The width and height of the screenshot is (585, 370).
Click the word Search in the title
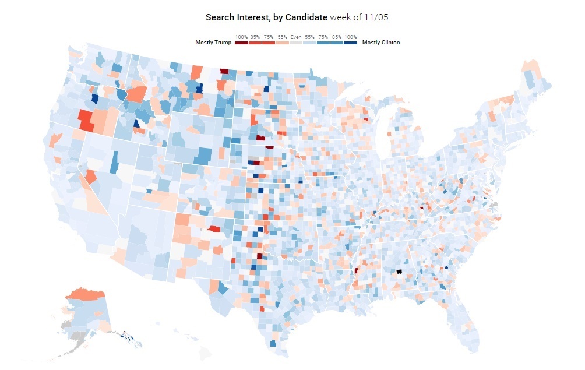pos(219,17)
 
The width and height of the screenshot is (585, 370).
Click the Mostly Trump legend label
pos(213,43)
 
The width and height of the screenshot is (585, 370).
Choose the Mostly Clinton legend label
pos(381,43)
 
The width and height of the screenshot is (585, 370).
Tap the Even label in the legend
pos(297,37)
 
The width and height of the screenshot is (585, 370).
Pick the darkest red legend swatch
pos(242,43)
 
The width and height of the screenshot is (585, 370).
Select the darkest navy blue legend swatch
pos(350,43)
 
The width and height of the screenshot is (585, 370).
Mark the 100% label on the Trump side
pos(242,37)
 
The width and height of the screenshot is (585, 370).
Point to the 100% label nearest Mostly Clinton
pos(350,37)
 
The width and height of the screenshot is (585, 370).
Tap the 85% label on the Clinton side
pos(337,37)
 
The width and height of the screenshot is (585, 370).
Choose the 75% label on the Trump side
pos(269,37)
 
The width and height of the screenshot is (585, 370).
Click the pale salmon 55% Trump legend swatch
pos(282,43)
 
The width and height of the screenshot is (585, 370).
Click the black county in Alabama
pos(399,272)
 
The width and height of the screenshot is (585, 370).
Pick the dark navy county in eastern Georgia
pos(446,267)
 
